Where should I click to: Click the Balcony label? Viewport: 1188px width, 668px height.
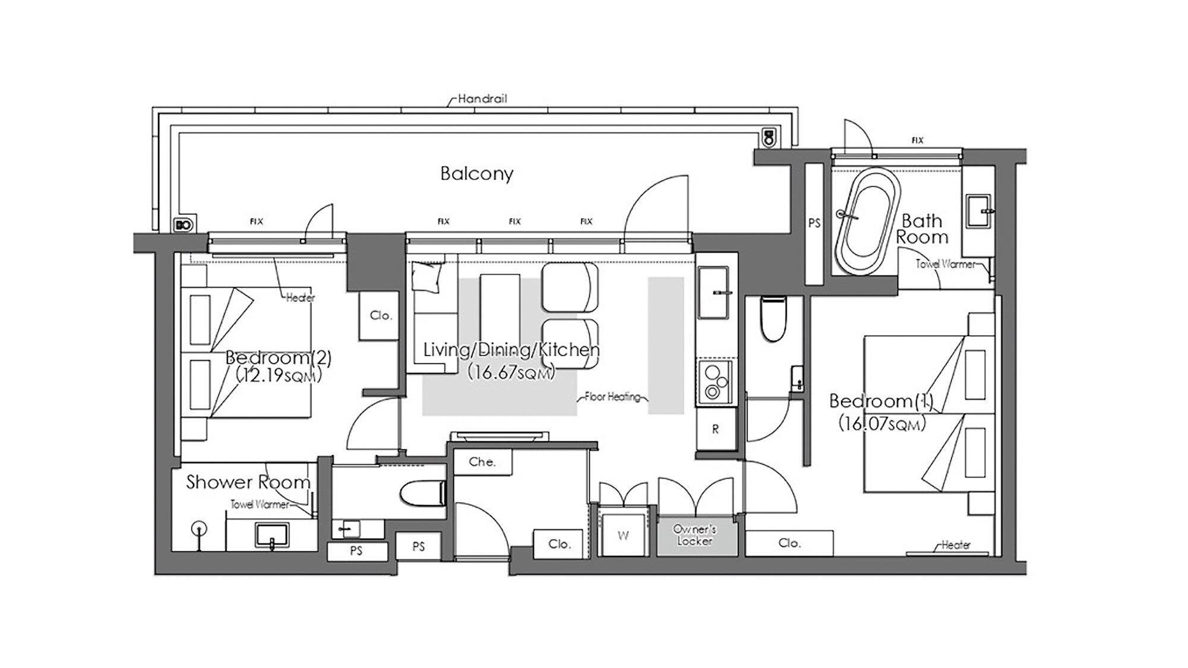point(476,173)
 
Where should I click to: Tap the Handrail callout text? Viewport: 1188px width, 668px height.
point(482,99)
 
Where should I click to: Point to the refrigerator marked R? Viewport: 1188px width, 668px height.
point(716,429)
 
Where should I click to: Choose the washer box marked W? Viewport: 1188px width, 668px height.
point(623,535)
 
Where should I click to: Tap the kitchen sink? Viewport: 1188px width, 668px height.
point(713,293)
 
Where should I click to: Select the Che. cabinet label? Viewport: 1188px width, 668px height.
point(482,461)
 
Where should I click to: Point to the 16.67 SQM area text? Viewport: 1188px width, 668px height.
point(511,372)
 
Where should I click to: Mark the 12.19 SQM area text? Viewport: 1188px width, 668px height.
point(279,375)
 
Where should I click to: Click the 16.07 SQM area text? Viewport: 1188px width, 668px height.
point(882,423)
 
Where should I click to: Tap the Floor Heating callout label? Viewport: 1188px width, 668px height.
point(613,397)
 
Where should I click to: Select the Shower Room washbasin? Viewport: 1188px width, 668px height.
point(272,535)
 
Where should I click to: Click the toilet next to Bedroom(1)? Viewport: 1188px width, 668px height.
point(773,319)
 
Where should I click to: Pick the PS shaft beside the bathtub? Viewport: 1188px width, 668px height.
point(814,223)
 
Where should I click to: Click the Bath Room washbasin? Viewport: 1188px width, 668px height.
point(979,211)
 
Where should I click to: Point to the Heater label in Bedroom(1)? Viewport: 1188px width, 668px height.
point(956,544)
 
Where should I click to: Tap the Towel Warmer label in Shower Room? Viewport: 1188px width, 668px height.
point(260,504)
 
